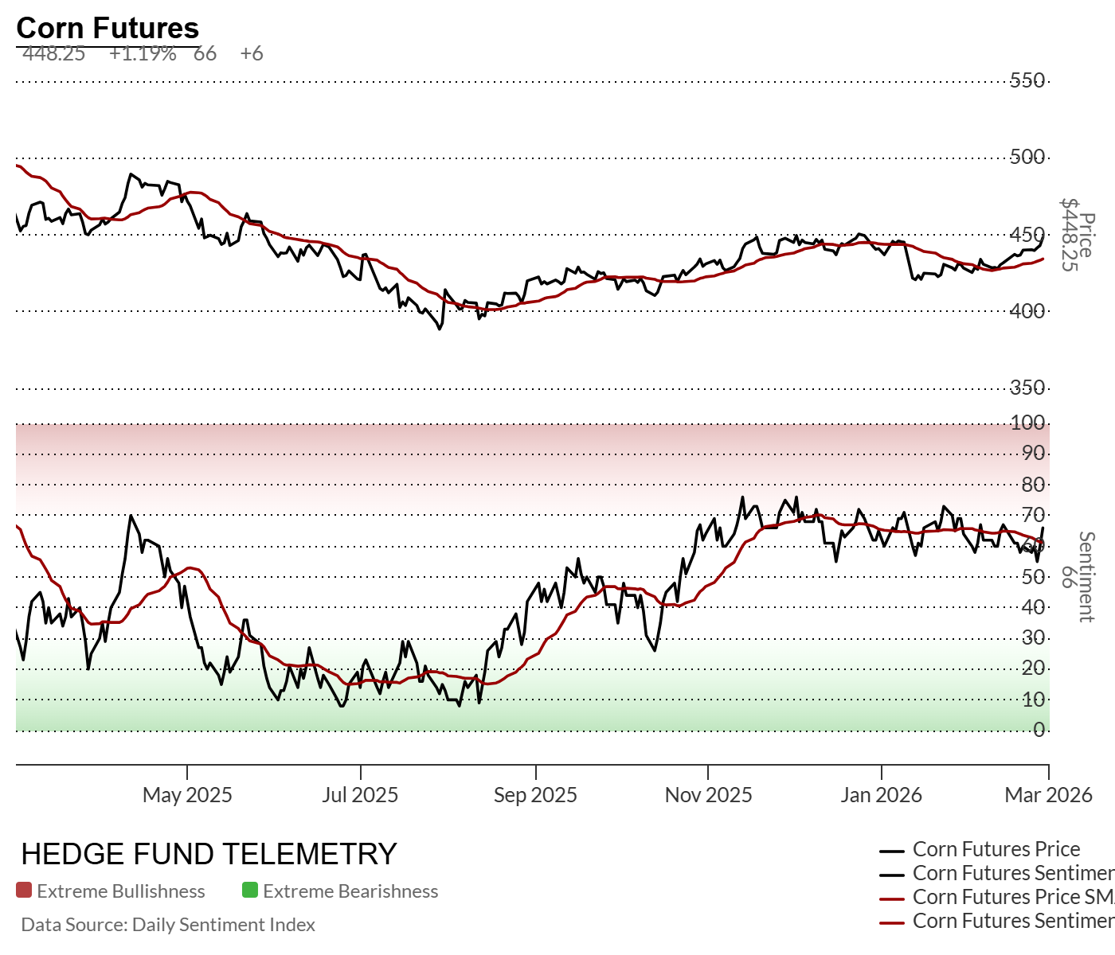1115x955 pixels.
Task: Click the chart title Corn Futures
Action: [x=108, y=28]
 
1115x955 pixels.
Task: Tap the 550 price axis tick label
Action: [x=1027, y=80]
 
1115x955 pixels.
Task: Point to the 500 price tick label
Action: [x=1027, y=156]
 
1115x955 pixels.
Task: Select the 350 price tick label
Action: [x=1027, y=388]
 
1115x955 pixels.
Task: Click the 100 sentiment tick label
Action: [x=1027, y=423]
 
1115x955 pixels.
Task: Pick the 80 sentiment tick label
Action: [x=1033, y=485]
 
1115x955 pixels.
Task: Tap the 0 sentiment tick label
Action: [x=1039, y=730]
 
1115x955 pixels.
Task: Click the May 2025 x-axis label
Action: [x=187, y=795]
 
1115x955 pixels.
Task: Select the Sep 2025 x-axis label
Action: [x=535, y=795]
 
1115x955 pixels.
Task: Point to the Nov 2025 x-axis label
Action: [x=708, y=795]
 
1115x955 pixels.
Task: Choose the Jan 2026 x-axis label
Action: [x=881, y=795]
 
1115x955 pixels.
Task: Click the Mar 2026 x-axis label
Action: [x=1048, y=795]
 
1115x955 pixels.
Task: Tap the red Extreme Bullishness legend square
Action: [x=24, y=891]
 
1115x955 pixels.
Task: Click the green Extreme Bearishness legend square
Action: [x=250, y=891]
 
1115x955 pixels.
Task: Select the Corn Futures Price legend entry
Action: [x=996, y=849]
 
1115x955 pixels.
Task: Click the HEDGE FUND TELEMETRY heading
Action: [x=209, y=854]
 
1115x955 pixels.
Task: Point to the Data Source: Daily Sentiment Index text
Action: [x=168, y=925]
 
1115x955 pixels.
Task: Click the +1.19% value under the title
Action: [x=143, y=53]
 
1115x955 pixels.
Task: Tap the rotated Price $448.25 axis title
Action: [x=1077, y=235]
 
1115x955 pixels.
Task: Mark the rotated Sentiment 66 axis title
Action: [x=1077, y=576]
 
